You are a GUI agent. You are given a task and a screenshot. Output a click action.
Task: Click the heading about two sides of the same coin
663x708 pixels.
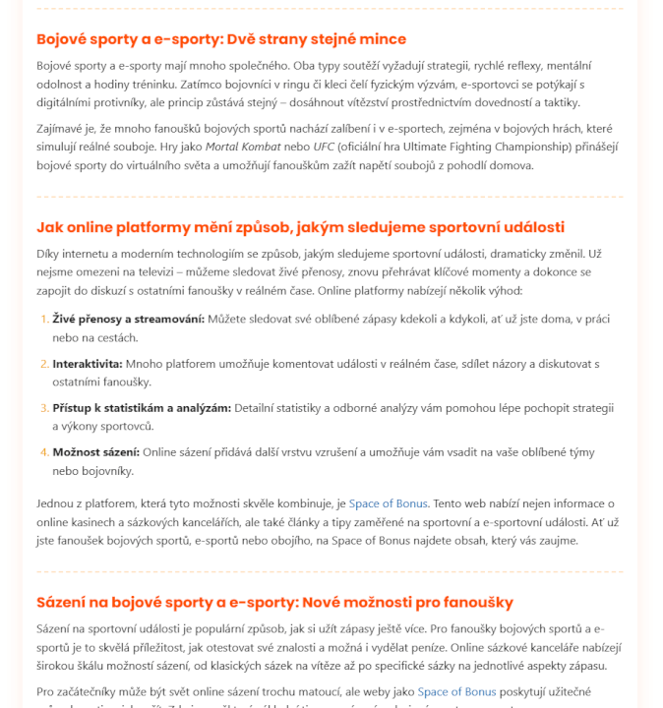click(221, 39)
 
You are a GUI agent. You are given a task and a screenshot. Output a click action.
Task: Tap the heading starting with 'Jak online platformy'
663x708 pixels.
click(300, 227)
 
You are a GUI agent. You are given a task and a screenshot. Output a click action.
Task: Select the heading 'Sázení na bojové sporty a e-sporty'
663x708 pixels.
click(274, 602)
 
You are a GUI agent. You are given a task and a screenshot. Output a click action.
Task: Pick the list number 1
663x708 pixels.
click(43, 319)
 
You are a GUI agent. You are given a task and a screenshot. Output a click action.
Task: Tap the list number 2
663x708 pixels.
click(43, 364)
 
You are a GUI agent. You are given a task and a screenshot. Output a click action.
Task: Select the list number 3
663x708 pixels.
click(43, 408)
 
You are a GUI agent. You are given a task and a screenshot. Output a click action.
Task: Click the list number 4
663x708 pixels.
click(43, 452)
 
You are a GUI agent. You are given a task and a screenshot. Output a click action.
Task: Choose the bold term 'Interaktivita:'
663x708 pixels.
click(88, 364)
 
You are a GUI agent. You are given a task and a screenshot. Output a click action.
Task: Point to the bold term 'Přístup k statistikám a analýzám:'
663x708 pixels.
click(142, 408)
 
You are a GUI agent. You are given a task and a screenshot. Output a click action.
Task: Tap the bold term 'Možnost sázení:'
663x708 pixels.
click(96, 452)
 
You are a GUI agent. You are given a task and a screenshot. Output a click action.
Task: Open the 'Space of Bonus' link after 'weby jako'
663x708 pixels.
click(456, 691)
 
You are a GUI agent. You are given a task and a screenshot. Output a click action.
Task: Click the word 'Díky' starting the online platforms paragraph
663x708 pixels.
click(49, 254)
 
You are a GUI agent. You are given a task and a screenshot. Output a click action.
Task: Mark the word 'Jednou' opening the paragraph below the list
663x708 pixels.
click(56, 503)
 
